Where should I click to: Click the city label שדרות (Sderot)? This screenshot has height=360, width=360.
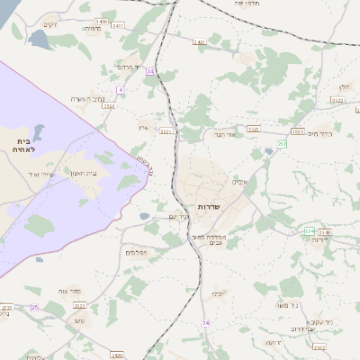[208, 206]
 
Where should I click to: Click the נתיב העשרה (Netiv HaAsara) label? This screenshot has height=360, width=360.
[88, 98]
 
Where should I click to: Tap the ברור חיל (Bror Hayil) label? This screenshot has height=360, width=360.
[315, 133]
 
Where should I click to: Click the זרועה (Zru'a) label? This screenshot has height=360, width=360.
[274, 342]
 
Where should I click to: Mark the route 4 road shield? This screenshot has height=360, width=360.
[120, 90]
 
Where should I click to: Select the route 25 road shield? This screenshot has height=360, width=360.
[34, 308]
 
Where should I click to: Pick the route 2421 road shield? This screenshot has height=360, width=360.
[199, 41]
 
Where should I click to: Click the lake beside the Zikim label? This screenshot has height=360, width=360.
[41, 40]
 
